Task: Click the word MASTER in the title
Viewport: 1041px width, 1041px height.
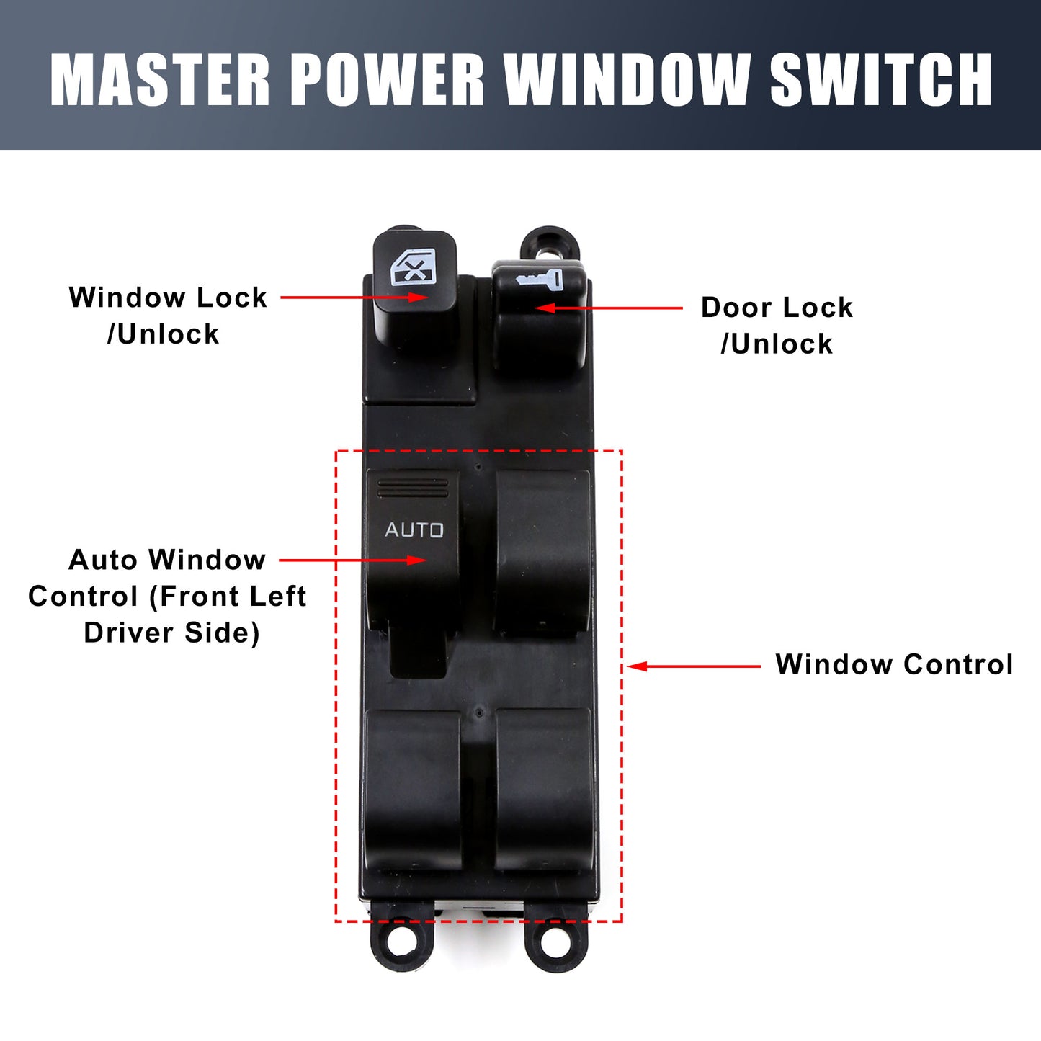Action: [160, 79]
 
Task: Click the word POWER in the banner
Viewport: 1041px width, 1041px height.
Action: [387, 79]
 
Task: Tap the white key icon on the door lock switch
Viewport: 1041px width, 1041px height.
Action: [539, 280]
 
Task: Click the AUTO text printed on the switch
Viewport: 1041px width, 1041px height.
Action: [414, 530]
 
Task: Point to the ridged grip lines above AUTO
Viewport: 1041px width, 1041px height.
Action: [414, 488]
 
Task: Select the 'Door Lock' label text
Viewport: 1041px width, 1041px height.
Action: [777, 308]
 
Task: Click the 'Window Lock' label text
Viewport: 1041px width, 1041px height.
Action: [168, 298]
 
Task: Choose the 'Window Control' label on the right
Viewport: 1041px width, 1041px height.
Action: [894, 664]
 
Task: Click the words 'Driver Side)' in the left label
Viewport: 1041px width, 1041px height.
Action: [171, 633]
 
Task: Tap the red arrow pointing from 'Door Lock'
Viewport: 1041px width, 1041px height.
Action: [609, 308]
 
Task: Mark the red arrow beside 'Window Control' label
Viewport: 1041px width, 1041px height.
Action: [694, 666]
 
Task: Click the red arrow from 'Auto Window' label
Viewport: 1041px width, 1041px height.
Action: [353, 560]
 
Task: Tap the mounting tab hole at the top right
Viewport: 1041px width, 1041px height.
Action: [550, 245]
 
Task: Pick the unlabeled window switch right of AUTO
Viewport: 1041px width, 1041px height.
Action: [542, 552]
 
